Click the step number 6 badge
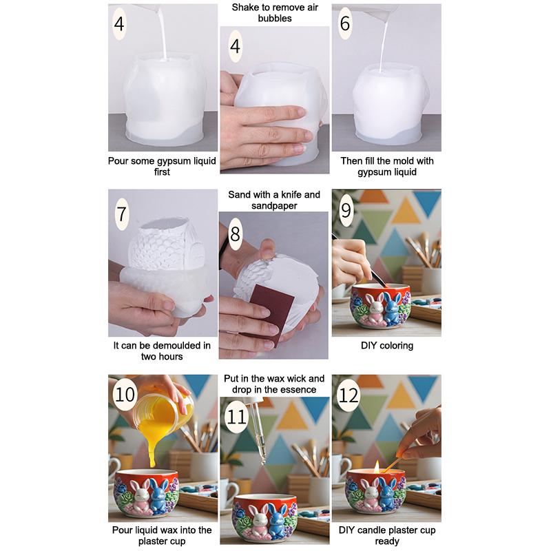coord(345,23)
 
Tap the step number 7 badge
coord(122,214)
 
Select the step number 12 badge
coord(349,395)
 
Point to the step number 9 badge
coord(346,210)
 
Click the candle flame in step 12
coord(377,466)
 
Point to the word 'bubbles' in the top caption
coord(275,19)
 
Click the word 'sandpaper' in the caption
coord(274,205)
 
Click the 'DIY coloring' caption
coord(387,346)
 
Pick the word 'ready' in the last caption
coord(387,541)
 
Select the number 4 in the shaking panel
coord(235,46)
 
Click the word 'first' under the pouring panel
coord(162,171)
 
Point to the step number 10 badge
coord(125,394)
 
